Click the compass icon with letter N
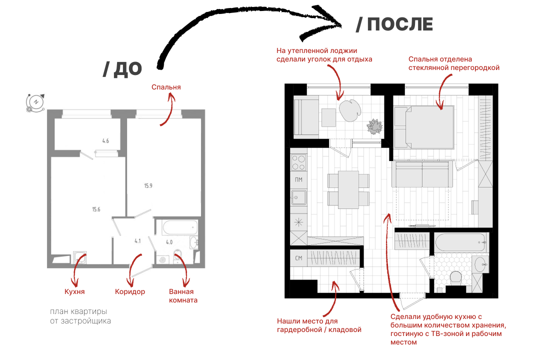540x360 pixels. pos(35,102)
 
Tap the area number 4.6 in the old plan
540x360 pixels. pos(105,141)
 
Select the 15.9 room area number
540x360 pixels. pos(148,186)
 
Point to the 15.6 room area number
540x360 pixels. pos(96,209)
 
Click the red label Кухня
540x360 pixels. pos(74,291)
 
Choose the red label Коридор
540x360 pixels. pos(130,291)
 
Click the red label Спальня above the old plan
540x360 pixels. pos(166,87)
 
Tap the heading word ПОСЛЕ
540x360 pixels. pos(400,24)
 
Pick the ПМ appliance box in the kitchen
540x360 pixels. pos(298,179)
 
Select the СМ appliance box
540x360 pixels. pos(298,257)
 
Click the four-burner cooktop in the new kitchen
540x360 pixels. pos(298,162)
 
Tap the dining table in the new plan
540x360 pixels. pos(348,190)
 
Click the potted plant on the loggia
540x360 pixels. pos(374,126)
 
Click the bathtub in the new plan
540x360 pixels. pos(461,242)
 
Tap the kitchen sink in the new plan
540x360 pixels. pos(298,197)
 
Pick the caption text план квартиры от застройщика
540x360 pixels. pos(80,316)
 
